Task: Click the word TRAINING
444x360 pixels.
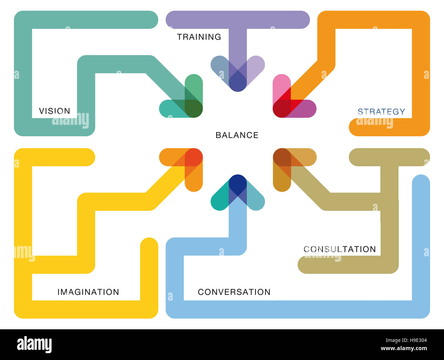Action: [199, 37]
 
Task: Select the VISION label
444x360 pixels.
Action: [55, 111]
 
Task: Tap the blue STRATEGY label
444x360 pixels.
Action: [381, 112]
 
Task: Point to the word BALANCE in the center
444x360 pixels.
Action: [237, 135]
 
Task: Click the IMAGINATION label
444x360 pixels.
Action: [88, 292]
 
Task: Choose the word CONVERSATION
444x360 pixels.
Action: [234, 292]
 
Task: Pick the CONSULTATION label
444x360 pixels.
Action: [340, 249]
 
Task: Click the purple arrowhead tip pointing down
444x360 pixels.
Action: [238, 90]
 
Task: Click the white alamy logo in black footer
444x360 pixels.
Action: [34, 344]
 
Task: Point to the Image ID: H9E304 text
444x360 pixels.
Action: [406, 340]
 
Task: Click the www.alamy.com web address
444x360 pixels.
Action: [404, 348]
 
